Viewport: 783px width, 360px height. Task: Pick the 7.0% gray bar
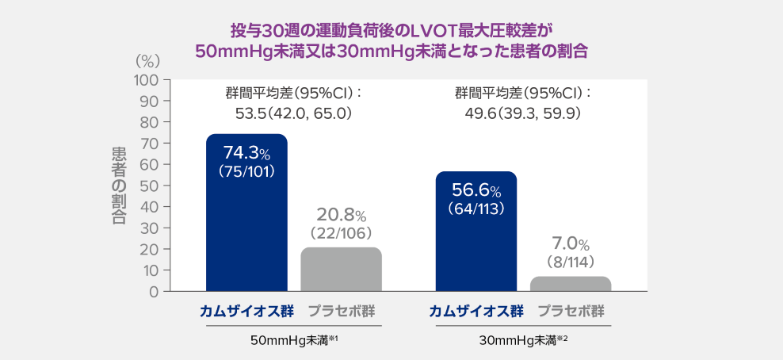571,284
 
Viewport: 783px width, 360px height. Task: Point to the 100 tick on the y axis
147,80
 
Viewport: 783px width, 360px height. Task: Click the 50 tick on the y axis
151,186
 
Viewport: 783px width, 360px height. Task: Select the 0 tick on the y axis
155,291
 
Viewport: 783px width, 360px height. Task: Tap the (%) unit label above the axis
147,61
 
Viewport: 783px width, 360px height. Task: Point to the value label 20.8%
341,215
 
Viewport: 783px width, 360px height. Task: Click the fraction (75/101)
246,170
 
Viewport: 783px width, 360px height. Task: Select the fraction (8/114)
571,261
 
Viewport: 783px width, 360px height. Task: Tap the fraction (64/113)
476,209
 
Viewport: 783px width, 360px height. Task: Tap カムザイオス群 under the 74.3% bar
246,311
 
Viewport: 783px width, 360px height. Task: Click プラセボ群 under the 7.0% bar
571,311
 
